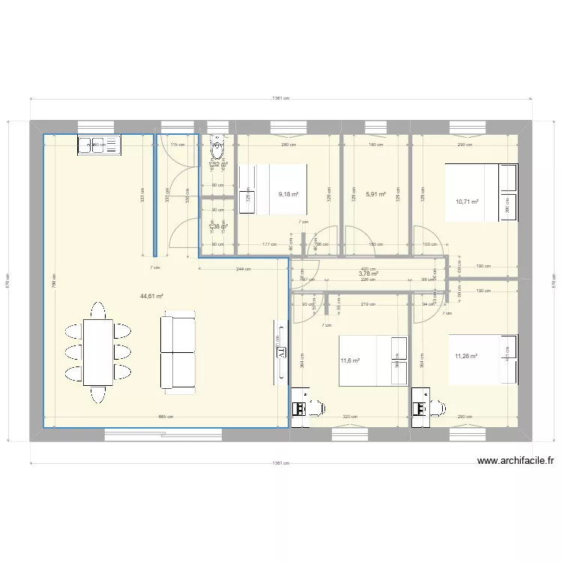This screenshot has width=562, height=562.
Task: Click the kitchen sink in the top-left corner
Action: point(99,145)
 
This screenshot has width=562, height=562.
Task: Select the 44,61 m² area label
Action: point(151,296)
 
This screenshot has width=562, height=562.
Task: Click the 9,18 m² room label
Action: point(288,194)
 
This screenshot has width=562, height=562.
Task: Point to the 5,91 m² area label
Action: point(375,194)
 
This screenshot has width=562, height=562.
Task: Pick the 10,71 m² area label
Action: point(466,202)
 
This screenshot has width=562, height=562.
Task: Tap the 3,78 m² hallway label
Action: point(368,274)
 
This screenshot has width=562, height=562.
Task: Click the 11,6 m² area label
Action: point(350,360)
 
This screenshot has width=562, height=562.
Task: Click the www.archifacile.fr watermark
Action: point(515,462)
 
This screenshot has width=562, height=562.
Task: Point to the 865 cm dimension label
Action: point(166,417)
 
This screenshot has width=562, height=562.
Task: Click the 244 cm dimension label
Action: point(244,268)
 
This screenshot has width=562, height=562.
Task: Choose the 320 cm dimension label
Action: point(349,417)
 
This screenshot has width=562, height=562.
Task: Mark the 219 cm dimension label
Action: point(367,304)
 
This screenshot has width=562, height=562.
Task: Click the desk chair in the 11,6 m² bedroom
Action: point(318,408)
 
